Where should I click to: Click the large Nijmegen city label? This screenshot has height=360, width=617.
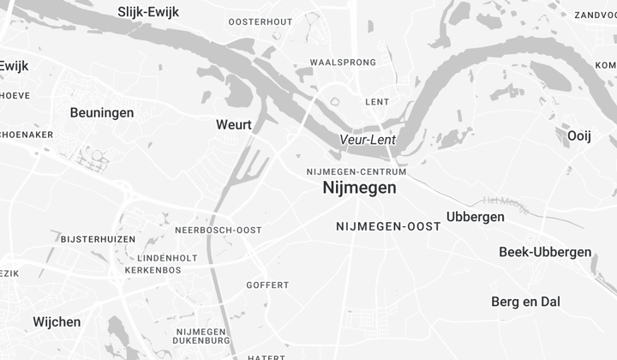click(360, 188)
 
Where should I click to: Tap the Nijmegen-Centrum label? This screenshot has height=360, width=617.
click(356, 171)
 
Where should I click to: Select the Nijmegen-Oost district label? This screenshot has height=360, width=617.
click(388, 226)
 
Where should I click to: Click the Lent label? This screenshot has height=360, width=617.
click(377, 101)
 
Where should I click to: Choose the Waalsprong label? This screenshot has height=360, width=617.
click(343, 63)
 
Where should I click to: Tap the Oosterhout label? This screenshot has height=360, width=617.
click(261, 21)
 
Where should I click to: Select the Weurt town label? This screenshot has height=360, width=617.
click(234, 124)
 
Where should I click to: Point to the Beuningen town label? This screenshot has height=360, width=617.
click(102, 112)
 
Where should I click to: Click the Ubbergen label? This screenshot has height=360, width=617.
click(476, 217)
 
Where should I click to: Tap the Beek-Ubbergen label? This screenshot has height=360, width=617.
click(545, 252)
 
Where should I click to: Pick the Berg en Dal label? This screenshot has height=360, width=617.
click(525, 302)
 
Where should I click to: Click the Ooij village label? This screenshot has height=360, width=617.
click(579, 135)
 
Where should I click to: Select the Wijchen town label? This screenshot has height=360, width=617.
click(57, 322)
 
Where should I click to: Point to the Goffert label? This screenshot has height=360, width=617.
click(267, 285)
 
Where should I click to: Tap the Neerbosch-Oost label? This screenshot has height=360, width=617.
click(218, 231)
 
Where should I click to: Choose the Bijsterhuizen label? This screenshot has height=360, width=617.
click(98, 237)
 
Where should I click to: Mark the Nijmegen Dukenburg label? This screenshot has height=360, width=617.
click(201, 337)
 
